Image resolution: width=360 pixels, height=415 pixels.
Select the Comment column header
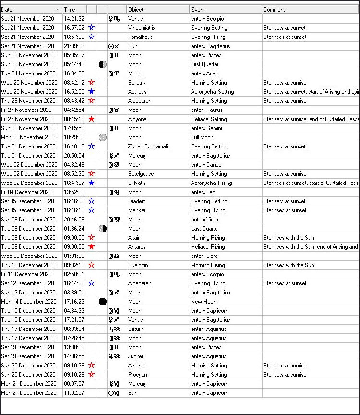(x=275, y=9)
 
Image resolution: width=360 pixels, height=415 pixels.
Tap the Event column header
(x=198, y=9)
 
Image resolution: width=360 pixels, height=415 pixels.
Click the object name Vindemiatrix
(x=142, y=28)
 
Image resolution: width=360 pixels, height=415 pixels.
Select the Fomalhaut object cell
(x=139, y=37)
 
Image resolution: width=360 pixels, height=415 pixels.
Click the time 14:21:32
(x=74, y=19)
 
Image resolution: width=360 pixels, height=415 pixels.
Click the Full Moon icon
(x=102, y=137)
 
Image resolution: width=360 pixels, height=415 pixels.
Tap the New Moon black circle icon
(x=102, y=302)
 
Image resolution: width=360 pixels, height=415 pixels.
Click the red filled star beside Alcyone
(x=92, y=119)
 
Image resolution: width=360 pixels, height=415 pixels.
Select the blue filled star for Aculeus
(x=92, y=92)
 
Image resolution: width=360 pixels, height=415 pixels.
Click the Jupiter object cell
(x=136, y=356)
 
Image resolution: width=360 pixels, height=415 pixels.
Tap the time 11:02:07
(x=74, y=393)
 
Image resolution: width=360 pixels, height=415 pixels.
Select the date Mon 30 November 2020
(x=28, y=137)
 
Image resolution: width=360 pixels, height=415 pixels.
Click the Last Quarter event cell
(x=205, y=229)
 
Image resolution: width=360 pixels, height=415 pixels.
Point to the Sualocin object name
(x=138, y=265)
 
